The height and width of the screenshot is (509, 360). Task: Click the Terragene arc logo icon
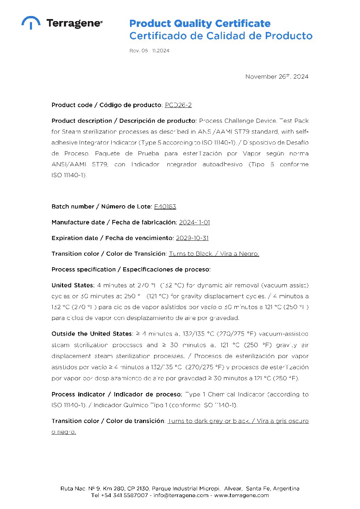pyautogui.click(x=31, y=22)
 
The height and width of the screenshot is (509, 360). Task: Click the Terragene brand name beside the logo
pyautogui.click(x=74, y=23)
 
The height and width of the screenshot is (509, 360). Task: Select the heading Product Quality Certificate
pyautogui.click(x=200, y=23)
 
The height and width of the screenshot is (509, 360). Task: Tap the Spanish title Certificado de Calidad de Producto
pyautogui.click(x=220, y=36)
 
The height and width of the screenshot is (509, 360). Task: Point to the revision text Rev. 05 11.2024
pyautogui.click(x=149, y=51)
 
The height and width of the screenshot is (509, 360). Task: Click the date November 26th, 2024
pyautogui.click(x=277, y=77)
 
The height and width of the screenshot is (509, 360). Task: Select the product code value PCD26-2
pyautogui.click(x=178, y=105)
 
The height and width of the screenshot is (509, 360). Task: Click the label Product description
pyautogui.click(x=82, y=121)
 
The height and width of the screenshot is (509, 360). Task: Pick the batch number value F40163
pyautogui.click(x=165, y=206)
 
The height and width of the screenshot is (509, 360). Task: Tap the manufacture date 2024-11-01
pyautogui.click(x=194, y=222)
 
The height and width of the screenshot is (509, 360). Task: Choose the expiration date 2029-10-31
pyautogui.click(x=192, y=238)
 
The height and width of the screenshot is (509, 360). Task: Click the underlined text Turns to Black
pyautogui.click(x=191, y=254)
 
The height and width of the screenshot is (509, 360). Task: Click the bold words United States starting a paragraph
pyautogui.click(x=73, y=285)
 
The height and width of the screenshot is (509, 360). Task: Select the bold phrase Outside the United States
pyautogui.click(x=92, y=334)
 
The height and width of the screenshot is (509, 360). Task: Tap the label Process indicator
pyautogui.click(x=78, y=394)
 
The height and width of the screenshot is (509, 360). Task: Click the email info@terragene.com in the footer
pyautogui.click(x=181, y=495)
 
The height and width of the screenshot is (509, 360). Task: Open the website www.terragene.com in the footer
pyautogui.click(x=241, y=495)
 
